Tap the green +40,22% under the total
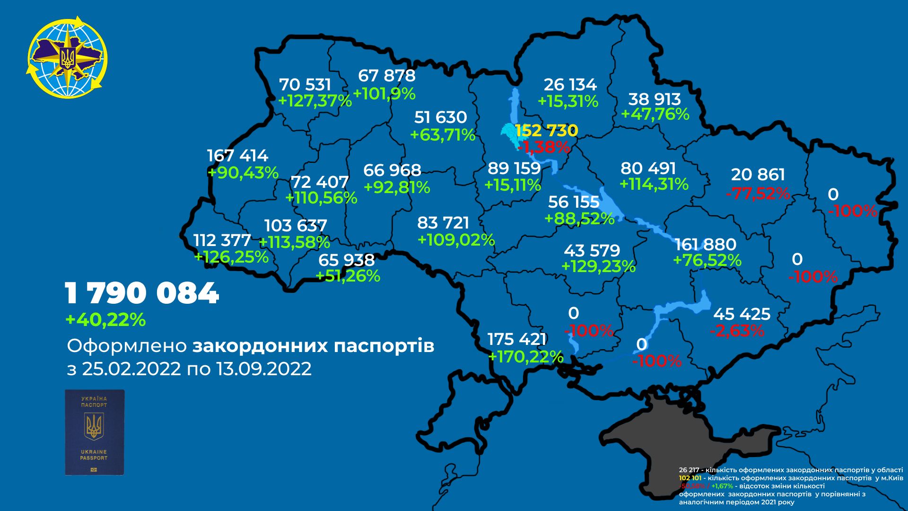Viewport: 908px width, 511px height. [105, 320]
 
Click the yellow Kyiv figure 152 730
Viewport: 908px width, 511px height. [547, 130]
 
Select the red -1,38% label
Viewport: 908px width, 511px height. [544, 147]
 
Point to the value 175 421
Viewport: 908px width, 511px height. [517, 339]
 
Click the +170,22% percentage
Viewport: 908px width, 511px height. [525, 356]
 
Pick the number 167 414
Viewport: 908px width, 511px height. [237, 156]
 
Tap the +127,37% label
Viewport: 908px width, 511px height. [315, 101]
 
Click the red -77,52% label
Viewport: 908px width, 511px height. [758, 193]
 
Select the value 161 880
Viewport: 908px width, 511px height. [706, 244]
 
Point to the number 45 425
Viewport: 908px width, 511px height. [742, 314]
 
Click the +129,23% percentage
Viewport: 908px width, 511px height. [598, 266]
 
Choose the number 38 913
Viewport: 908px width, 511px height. [655, 99]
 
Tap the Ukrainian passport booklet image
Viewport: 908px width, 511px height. [95, 432]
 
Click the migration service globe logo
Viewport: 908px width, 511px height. [67, 58]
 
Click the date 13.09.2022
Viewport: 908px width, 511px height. [264, 369]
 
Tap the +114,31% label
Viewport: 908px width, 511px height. [654, 184]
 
